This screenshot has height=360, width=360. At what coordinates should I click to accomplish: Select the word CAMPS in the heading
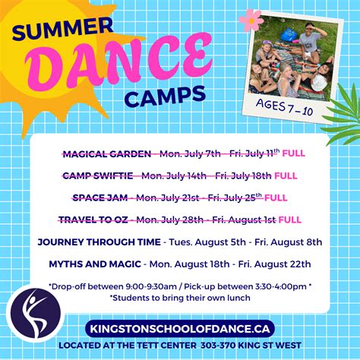[166, 95]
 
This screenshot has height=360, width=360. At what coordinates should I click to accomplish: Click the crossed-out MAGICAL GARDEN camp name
[106, 154]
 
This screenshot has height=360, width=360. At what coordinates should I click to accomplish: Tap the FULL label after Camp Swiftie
[285, 176]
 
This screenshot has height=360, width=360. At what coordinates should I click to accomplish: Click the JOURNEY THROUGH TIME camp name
[97, 242]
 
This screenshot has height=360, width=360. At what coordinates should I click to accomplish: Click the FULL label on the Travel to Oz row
[289, 220]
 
